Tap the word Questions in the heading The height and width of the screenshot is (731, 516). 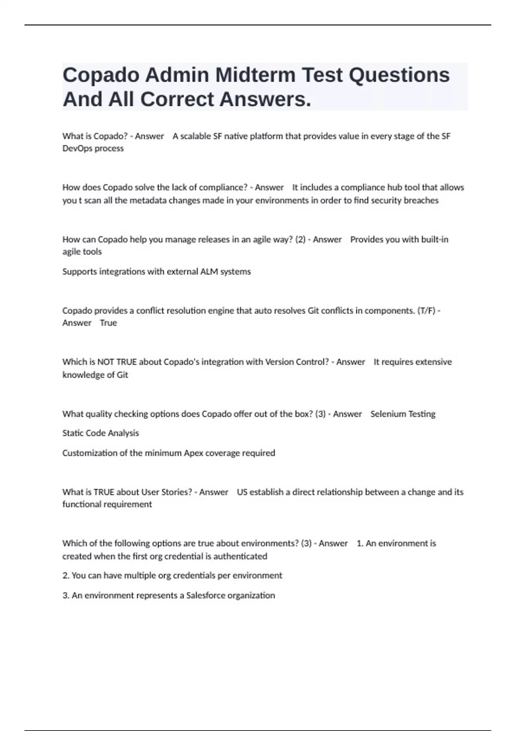point(399,75)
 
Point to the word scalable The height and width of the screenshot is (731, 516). point(195,136)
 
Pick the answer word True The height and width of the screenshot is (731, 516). point(108,323)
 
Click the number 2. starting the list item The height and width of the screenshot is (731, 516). point(66,576)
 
